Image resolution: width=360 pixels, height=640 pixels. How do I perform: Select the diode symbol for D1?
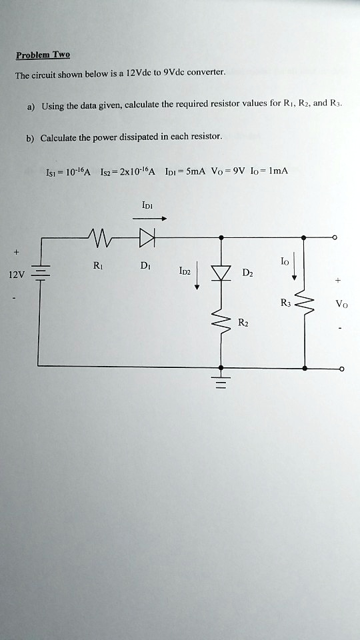[147, 237]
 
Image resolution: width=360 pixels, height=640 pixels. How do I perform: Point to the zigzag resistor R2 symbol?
[221, 325]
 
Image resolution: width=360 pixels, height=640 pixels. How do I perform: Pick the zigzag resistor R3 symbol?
[305, 307]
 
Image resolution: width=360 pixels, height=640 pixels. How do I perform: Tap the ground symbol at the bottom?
[221, 382]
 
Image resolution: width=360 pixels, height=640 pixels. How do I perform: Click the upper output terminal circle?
[342, 237]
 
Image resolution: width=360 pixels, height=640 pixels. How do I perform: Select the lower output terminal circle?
[342, 368]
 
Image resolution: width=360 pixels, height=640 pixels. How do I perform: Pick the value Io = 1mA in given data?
[272, 171]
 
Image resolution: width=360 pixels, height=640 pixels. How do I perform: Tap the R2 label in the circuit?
[244, 323]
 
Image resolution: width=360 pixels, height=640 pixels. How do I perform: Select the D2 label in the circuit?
[248, 273]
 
